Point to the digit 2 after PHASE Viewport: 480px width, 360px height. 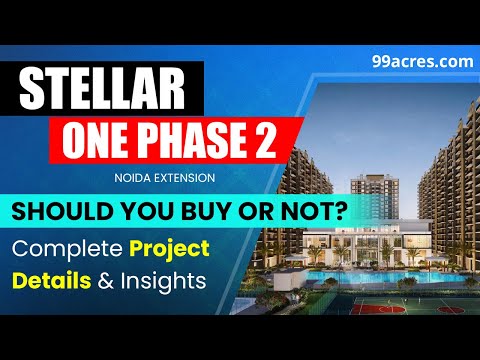point(262,139)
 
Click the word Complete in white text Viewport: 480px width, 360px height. point(63,248)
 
